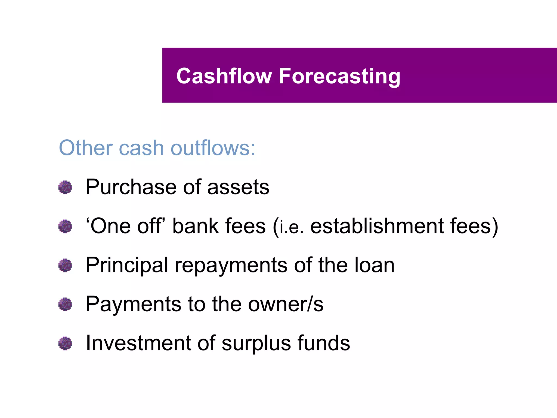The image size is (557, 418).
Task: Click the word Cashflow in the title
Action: click(224, 76)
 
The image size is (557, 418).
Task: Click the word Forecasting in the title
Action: click(339, 76)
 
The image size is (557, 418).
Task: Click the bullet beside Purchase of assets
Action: click(65, 188)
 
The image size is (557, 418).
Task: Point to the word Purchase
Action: click(131, 187)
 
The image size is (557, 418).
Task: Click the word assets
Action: click(238, 187)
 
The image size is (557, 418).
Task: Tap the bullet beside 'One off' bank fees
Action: click(65, 226)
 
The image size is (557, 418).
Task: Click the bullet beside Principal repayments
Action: click(65, 265)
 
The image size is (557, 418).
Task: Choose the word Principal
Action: click(127, 265)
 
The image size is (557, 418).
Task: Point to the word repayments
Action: click(231, 265)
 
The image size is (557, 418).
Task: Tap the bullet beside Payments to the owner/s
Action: click(65, 304)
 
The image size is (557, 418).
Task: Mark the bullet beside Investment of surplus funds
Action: click(65, 343)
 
